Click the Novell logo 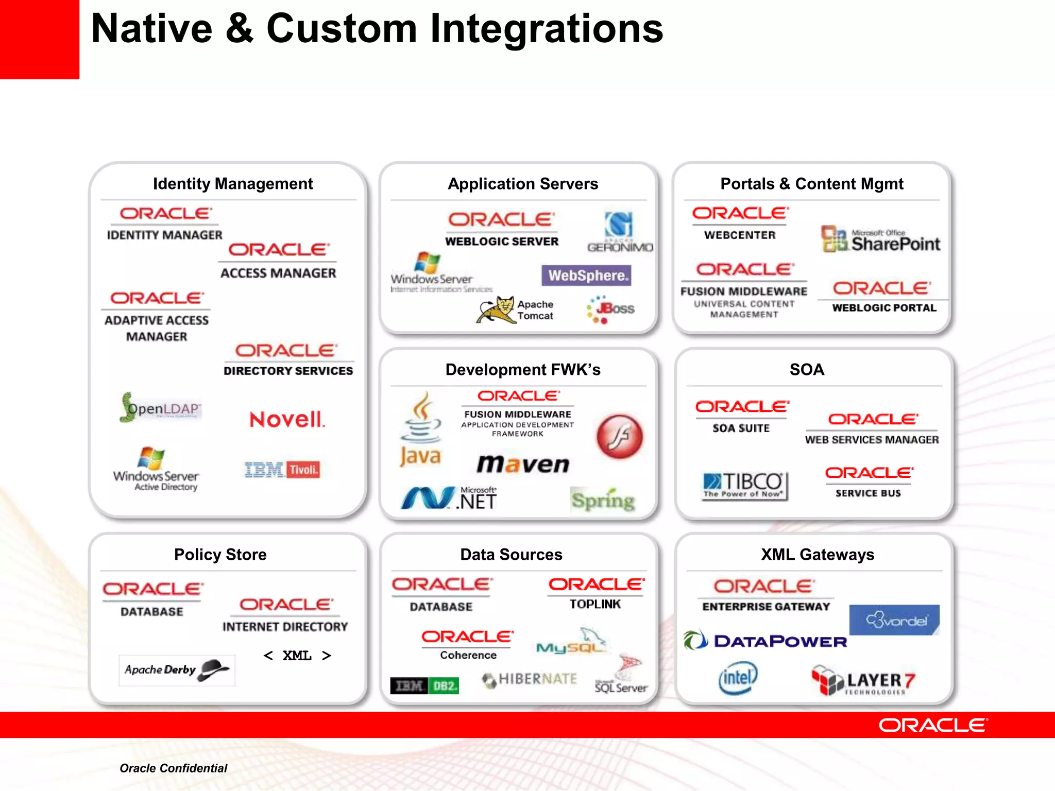(287, 420)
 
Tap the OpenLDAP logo (161, 408)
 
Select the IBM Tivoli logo (282, 470)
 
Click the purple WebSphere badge (586, 276)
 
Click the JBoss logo (611, 309)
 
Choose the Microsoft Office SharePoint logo (880, 240)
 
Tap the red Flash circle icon (619, 437)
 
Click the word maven (522, 464)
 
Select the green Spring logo (603, 500)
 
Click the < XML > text (297, 656)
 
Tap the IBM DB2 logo (424, 686)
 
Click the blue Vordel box (894, 620)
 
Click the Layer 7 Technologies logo (863, 681)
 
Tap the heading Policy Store (220, 555)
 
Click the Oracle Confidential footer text (173, 768)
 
